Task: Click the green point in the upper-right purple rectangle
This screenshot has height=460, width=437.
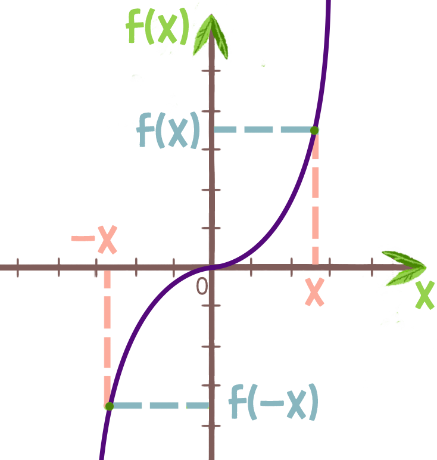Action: (x=314, y=129)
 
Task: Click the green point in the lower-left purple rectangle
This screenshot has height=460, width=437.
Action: (x=109, y=406)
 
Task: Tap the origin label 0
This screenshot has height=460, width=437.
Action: (x=202, y=287)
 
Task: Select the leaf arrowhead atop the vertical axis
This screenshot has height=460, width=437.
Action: (x=213, y=36)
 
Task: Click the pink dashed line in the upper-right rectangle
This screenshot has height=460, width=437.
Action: (x=315, y=197)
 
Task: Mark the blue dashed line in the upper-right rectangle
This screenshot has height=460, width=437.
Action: (x=262, y=129)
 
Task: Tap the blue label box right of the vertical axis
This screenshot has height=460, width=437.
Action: (x=272, y=402)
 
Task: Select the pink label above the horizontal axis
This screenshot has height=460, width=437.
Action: (x=93, y=240)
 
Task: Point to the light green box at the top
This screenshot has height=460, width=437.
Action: (x=158, y=26)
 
